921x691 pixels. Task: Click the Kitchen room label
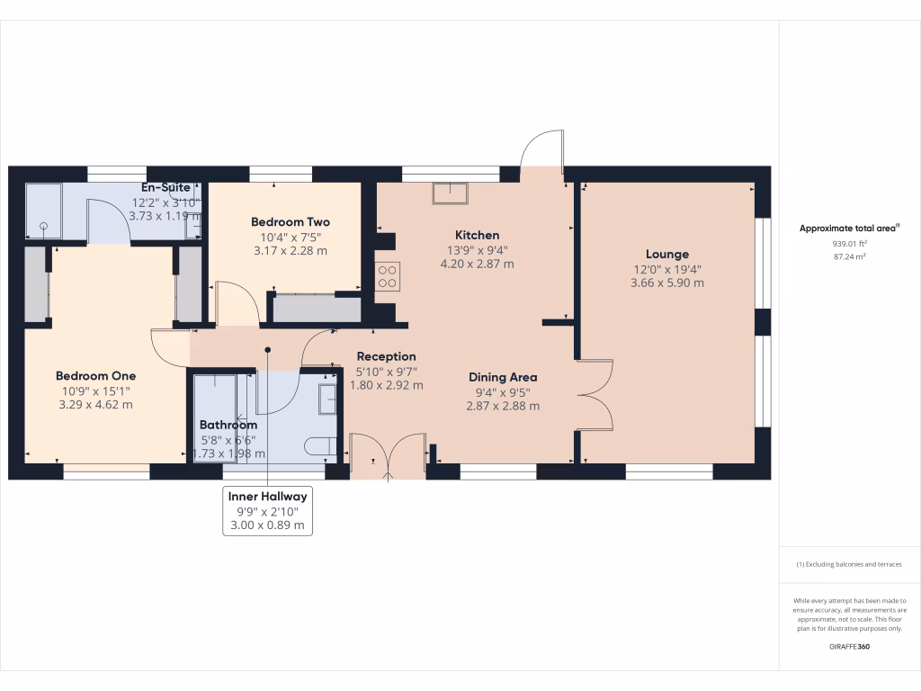(x=477, y=235)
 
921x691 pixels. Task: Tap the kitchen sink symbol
(x=450, y=193)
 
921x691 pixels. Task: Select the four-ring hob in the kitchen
(x=388, y=276)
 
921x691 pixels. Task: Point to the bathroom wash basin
(x=327, y=397)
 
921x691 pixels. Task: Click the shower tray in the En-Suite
(x=43, y=212)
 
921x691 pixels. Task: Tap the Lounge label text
(x=666, y=254)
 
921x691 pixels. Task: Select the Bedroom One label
(x=94, y=375)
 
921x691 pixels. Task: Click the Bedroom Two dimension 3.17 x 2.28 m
(x=290, y=250)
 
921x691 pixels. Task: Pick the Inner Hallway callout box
(x=267, y=510)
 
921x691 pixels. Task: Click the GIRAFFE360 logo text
(x=850, y=646)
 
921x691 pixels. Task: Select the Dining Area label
(x=503, y=377)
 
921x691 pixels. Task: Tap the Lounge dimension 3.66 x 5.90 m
(x=666, y=283)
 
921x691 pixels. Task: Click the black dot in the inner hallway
(x=267, y=350)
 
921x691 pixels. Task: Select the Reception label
(x=386, y=356)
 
